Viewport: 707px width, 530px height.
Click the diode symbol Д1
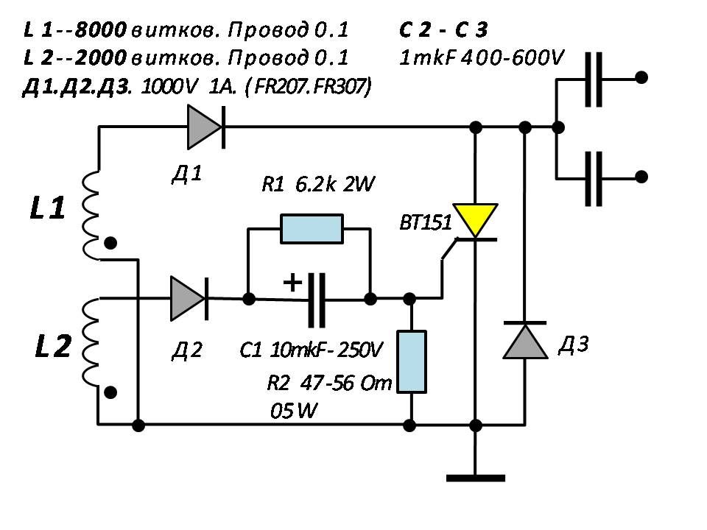click(206, 127)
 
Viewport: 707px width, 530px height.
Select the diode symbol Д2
click(189, 298)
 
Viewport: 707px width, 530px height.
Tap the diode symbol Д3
click(525, 340)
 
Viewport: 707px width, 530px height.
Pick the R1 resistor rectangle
click(312, 229)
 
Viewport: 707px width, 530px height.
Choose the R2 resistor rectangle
click(411, 362)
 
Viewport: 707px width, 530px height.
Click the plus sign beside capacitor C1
click(292, 283)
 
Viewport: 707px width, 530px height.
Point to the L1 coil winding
click(90, 216)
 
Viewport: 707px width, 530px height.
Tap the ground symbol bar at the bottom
click(475, 478)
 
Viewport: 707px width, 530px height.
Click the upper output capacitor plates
click(594, 79)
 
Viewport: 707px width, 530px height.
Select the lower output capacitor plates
click(594, 178)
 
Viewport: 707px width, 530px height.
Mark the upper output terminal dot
click(641, 77)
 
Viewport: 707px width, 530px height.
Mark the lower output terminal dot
click(641, 177)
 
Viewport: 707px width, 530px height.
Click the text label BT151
click(425, 222)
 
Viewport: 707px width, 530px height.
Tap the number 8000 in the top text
click(101, 29)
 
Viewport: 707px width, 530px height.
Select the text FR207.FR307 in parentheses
click(313, 87)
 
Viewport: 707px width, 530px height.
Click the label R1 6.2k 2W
click(318, 184)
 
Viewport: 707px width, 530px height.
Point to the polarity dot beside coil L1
click(110, 244)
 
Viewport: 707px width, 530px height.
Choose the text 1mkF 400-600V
click(482, 58)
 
